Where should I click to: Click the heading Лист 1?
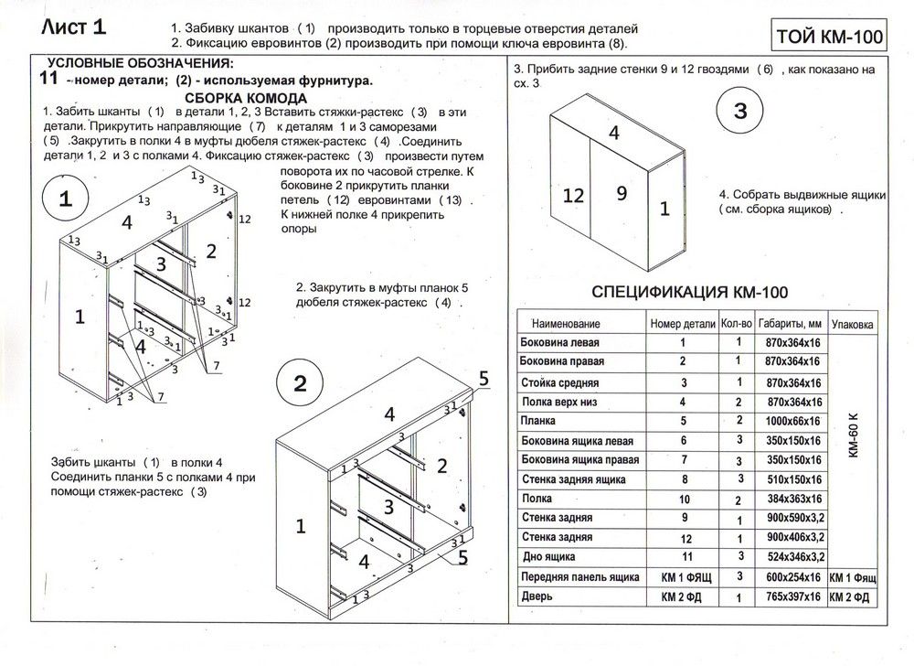(74, 28)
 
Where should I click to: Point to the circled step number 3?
(741, 113)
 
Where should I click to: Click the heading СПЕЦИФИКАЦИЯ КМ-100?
(690, 293)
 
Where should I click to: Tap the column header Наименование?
(567, 325)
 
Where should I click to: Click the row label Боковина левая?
(557, 342)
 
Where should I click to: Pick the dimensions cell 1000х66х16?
(791, 421)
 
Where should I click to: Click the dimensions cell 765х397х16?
(791, 597)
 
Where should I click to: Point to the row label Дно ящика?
(547, 556)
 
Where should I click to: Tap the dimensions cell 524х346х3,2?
(791, 556)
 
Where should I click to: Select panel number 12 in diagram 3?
(573, 194)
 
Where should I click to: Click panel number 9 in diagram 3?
(621, 193)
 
